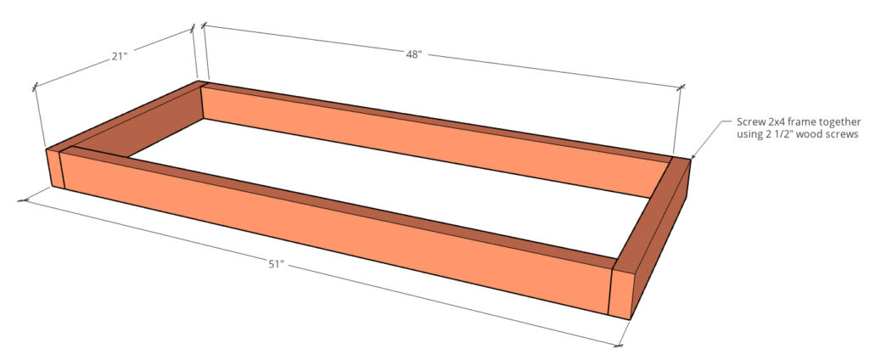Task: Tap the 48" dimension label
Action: click(x=412, y=55)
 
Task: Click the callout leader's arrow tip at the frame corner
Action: click(x=693, y=157)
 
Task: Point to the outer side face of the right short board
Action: click(x=662, y=238)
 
